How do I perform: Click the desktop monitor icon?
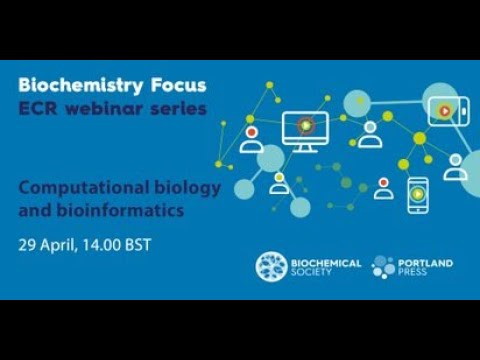(x=305, y=130)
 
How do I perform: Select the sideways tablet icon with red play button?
(x=440, y=107)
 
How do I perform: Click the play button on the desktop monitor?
(x=305, y=126)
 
